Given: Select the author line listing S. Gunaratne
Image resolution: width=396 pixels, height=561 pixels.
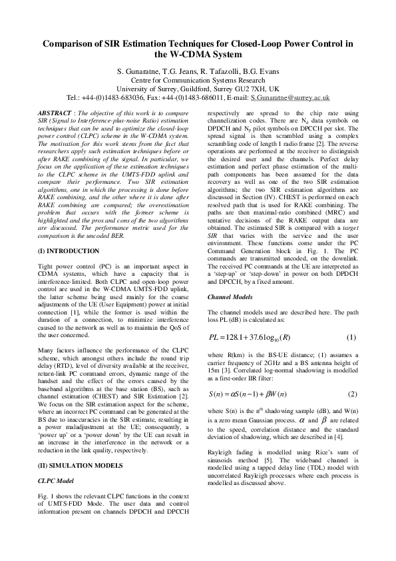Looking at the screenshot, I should click(198, 71).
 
